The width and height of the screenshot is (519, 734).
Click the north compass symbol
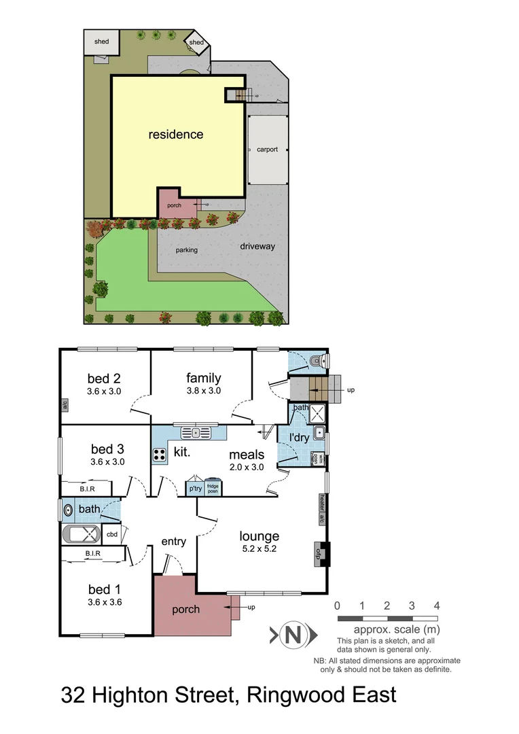point(293,635)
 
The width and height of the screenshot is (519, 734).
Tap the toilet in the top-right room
point(317,361)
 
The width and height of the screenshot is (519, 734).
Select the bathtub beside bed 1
point(81,534)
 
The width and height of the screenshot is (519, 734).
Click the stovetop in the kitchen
point(160,455)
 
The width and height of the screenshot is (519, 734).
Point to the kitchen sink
point(196,432)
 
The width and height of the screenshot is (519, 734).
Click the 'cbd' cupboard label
point(112,534)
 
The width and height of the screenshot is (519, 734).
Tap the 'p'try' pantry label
point(195,489)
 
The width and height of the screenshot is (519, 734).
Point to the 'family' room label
point(204,378)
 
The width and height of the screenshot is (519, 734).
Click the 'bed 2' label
point(104,378)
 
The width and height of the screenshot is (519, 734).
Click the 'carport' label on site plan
point(267,150)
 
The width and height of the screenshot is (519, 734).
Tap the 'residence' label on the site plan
point(176,135)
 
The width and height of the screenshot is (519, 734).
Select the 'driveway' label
point(257,246)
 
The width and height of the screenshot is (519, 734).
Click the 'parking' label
point(187,250)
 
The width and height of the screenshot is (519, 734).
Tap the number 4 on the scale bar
point(437,606)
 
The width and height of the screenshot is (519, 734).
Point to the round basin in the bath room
point(68,508)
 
